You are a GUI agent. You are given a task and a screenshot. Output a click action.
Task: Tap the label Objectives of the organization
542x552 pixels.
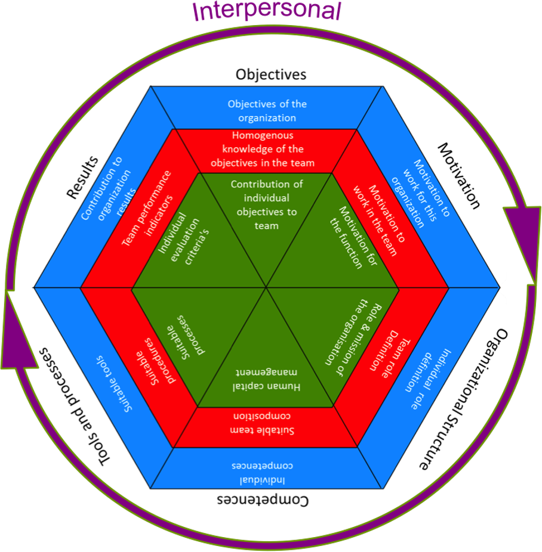click(x=267, y=111)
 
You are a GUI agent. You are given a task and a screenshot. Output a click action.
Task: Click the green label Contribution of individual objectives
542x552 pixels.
click(x=266, y=204)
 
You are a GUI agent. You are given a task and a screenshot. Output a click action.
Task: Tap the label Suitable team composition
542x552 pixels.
click(x=266, y=423)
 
